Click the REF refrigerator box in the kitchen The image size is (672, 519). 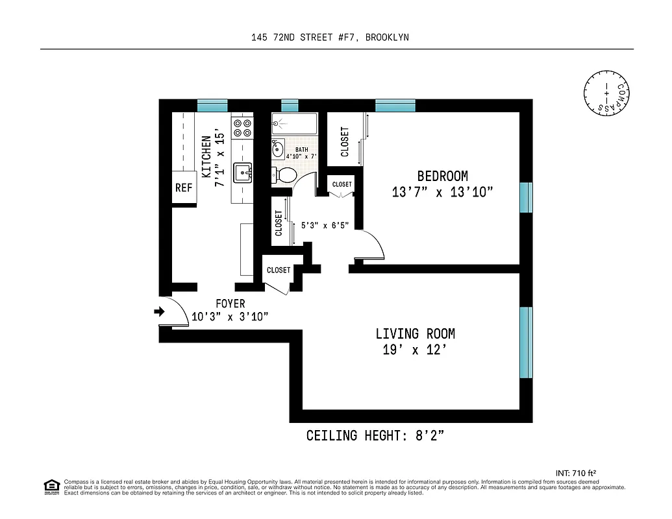(x=184, y=188)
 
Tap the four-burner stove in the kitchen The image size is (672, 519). (x=242, y=127)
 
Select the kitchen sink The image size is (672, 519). (x=243, y=173)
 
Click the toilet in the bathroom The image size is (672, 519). (x=284, y=174)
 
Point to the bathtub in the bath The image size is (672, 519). (x=294, y=123)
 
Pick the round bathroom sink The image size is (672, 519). (x=278, y=149)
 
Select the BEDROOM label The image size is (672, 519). (x=442, y=176)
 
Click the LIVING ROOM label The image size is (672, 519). (x=415, y=333)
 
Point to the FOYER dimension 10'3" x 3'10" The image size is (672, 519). (x=230, y=317)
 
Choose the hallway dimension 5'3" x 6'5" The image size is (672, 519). (x=325, y=226)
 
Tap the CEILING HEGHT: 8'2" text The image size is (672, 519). (x=375, y=435)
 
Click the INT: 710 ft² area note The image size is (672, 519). (x=576, y=472)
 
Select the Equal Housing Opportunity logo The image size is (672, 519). (x=51, y=487)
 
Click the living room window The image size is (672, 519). (x=525, y=342)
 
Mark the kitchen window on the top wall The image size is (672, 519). (x=212, y=105)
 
